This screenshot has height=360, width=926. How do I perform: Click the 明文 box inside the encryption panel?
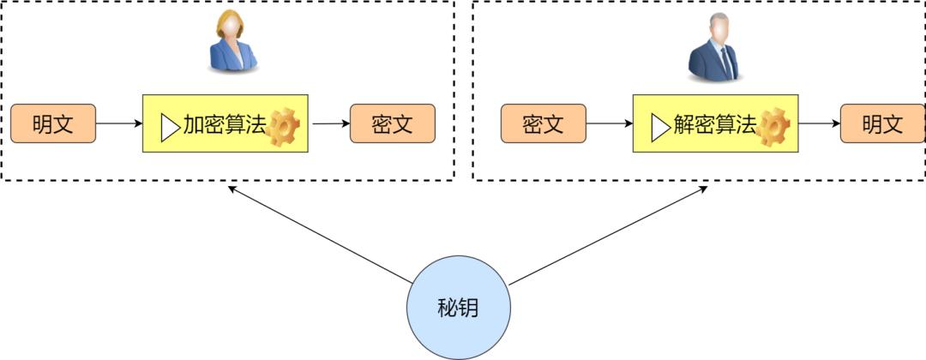pos(53,123)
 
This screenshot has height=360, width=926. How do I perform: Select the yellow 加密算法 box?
pos(225,124)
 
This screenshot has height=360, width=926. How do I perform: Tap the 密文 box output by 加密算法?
pos(393,123)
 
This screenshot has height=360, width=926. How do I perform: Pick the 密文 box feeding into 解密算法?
pos(543,123)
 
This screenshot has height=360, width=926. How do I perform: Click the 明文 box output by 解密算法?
pos(882,123)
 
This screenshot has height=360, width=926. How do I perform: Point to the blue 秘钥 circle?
pos(458,308)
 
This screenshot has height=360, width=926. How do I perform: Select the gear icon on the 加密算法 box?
pos(284,127)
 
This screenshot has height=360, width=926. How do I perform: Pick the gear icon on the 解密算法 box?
pos(773,127)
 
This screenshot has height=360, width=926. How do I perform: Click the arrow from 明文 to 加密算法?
pos(119,123)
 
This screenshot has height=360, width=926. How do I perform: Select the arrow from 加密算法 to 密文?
pos(329,123)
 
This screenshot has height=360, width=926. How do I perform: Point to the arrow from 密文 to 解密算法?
pos(610,123)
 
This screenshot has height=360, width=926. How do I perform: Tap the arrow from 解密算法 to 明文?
pos(819,123)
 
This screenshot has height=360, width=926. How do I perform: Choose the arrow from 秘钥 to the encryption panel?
pos(317,233)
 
